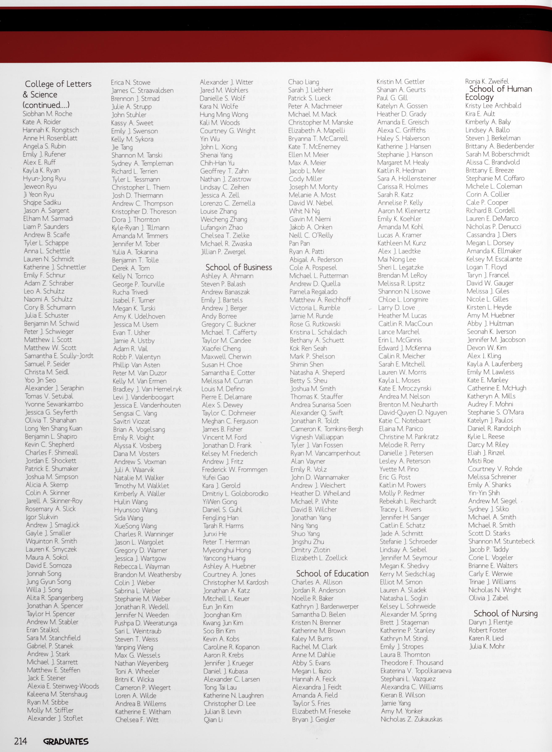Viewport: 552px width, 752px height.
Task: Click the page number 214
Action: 20,741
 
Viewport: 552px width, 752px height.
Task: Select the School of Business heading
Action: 239,267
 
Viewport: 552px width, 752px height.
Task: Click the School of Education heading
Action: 332,573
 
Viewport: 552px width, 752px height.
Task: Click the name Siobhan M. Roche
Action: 47,114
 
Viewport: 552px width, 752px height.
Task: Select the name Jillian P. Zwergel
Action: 223,252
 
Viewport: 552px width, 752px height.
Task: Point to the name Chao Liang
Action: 303,82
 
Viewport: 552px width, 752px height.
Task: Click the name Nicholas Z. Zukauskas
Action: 411,719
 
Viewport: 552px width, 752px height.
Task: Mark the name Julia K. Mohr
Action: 487,646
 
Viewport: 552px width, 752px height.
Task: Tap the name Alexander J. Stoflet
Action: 55,718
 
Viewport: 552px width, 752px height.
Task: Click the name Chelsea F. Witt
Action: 137,720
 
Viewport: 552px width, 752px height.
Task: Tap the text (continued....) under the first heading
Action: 46,105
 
